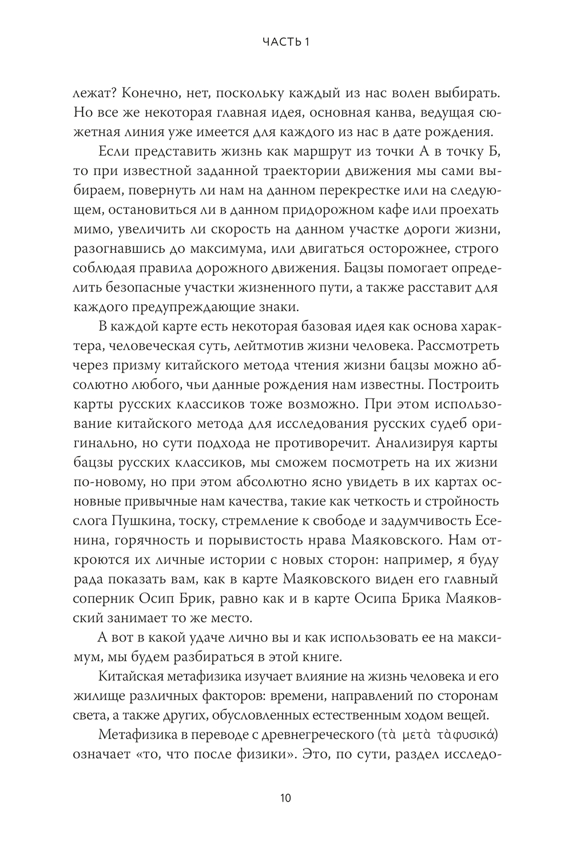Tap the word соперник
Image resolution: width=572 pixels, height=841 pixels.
[x=105, y=599]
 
